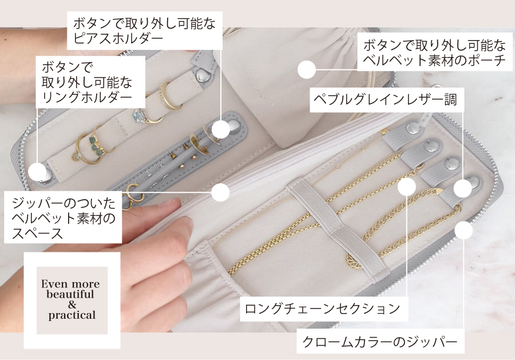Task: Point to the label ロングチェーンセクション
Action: pyautogui.click(x=323, y=308)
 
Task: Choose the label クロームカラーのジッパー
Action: pyautogui.click(x=380, y=342)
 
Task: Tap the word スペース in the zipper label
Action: pyautogui.click(x=37, y=233)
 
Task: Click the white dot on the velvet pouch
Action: pyautogui.click(x=307, y=69)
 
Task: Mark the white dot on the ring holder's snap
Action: pyautogui.click(x=37, y=172)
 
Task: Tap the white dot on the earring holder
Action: pyautogui.click(x=220, y=129)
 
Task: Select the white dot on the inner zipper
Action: pyautogui.click(x=220, y=192)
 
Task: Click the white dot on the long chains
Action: pyautogui.click(x=407, y=186)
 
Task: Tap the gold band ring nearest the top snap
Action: pyautogui.click(x=169, y=95)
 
